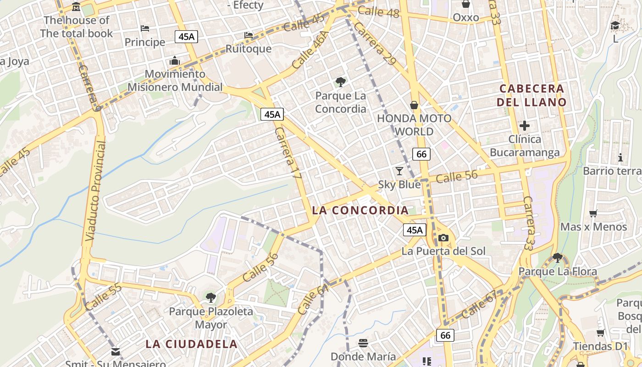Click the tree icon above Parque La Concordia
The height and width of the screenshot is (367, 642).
[340, 82]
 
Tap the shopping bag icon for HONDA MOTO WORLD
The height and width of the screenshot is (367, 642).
[414, 105]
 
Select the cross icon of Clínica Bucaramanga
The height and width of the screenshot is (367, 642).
[525, 125]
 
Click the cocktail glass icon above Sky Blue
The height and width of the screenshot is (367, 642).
[399, 171]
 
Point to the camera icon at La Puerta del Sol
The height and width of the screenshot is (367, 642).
[443, 238]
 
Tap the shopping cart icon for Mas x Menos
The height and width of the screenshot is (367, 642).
[593, 213]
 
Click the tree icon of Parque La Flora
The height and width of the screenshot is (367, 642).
[558, 258]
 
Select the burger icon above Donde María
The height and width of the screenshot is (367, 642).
[363, 343]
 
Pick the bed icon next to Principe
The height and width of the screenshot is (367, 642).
[145, 28]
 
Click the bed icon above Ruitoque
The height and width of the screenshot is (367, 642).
[249, 35]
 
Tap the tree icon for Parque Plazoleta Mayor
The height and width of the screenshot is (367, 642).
[210, 298]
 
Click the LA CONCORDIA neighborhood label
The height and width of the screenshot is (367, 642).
[360, 211]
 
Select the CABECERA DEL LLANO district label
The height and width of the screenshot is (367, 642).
[531, 95]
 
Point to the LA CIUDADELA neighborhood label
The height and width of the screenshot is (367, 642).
[192, 344]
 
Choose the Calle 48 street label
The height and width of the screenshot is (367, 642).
[378, 12]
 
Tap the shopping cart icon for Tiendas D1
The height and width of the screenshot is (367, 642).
[600, 333]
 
